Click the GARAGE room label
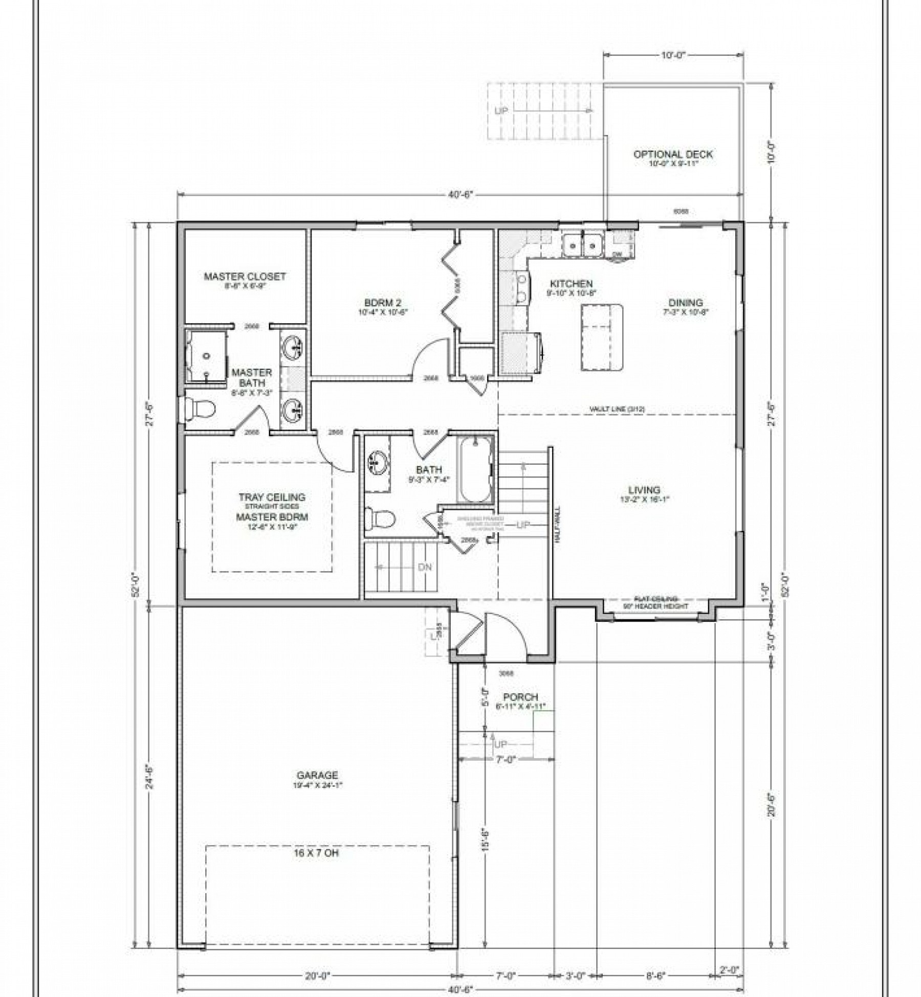click(317, 789)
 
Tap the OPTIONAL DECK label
click(673, 154)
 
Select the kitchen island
click(602, 337)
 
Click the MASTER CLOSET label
click(245, 277)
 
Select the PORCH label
click(520, 697)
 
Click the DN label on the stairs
click(425, 567)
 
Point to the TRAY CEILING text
click(272, 497)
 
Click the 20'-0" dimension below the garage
click(317, 976)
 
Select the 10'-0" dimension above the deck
click(672, 55)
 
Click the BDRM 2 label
click(383, 302)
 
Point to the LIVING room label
click(644, 490)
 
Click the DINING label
click(685, 303)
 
